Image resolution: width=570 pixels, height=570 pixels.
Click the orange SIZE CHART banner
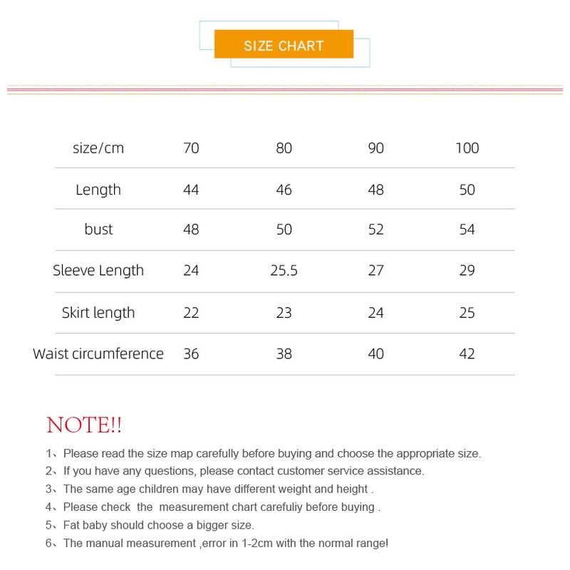pyautogui.click(x=284, y=45)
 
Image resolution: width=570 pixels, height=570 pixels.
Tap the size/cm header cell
pyautogui.click(x=98, y=148)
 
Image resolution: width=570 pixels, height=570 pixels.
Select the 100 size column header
pyautogui.click(x=467, y=148)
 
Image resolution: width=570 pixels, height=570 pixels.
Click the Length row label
pyautogui.click(x=98, y=190)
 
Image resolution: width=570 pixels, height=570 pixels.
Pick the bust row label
pyautogui.click(x=98, y=229)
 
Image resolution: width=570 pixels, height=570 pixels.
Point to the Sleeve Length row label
pyautogui.click(x=98, y=271)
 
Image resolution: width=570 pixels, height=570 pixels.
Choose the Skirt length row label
pyautogui.click(x=98, y=312)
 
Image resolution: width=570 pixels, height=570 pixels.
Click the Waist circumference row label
pyautogui.click(x=98, y=353)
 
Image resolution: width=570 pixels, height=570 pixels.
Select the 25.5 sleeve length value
pyautogui.click(x=284, y=271)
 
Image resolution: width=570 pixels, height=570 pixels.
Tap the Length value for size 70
pyautogui.click(x=191, y=190)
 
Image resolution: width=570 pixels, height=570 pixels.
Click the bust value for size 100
pyautogui.click(x=467, y=229)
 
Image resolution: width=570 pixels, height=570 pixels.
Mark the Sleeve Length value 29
pyautogui.click(x=467, y=271)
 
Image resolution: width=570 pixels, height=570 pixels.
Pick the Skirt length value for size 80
pyautogui.click(x=284, y=312)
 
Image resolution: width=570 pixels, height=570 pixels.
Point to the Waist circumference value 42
pyautogui.click(x=467, y=353)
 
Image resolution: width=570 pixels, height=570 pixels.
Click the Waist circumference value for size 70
pyautogui.click(x=191, y=353)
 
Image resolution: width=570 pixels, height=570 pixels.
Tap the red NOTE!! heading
pyautogui.click(x=84, y=425)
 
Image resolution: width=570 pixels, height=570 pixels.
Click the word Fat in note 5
pyautogui.click(x=72, y=525)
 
